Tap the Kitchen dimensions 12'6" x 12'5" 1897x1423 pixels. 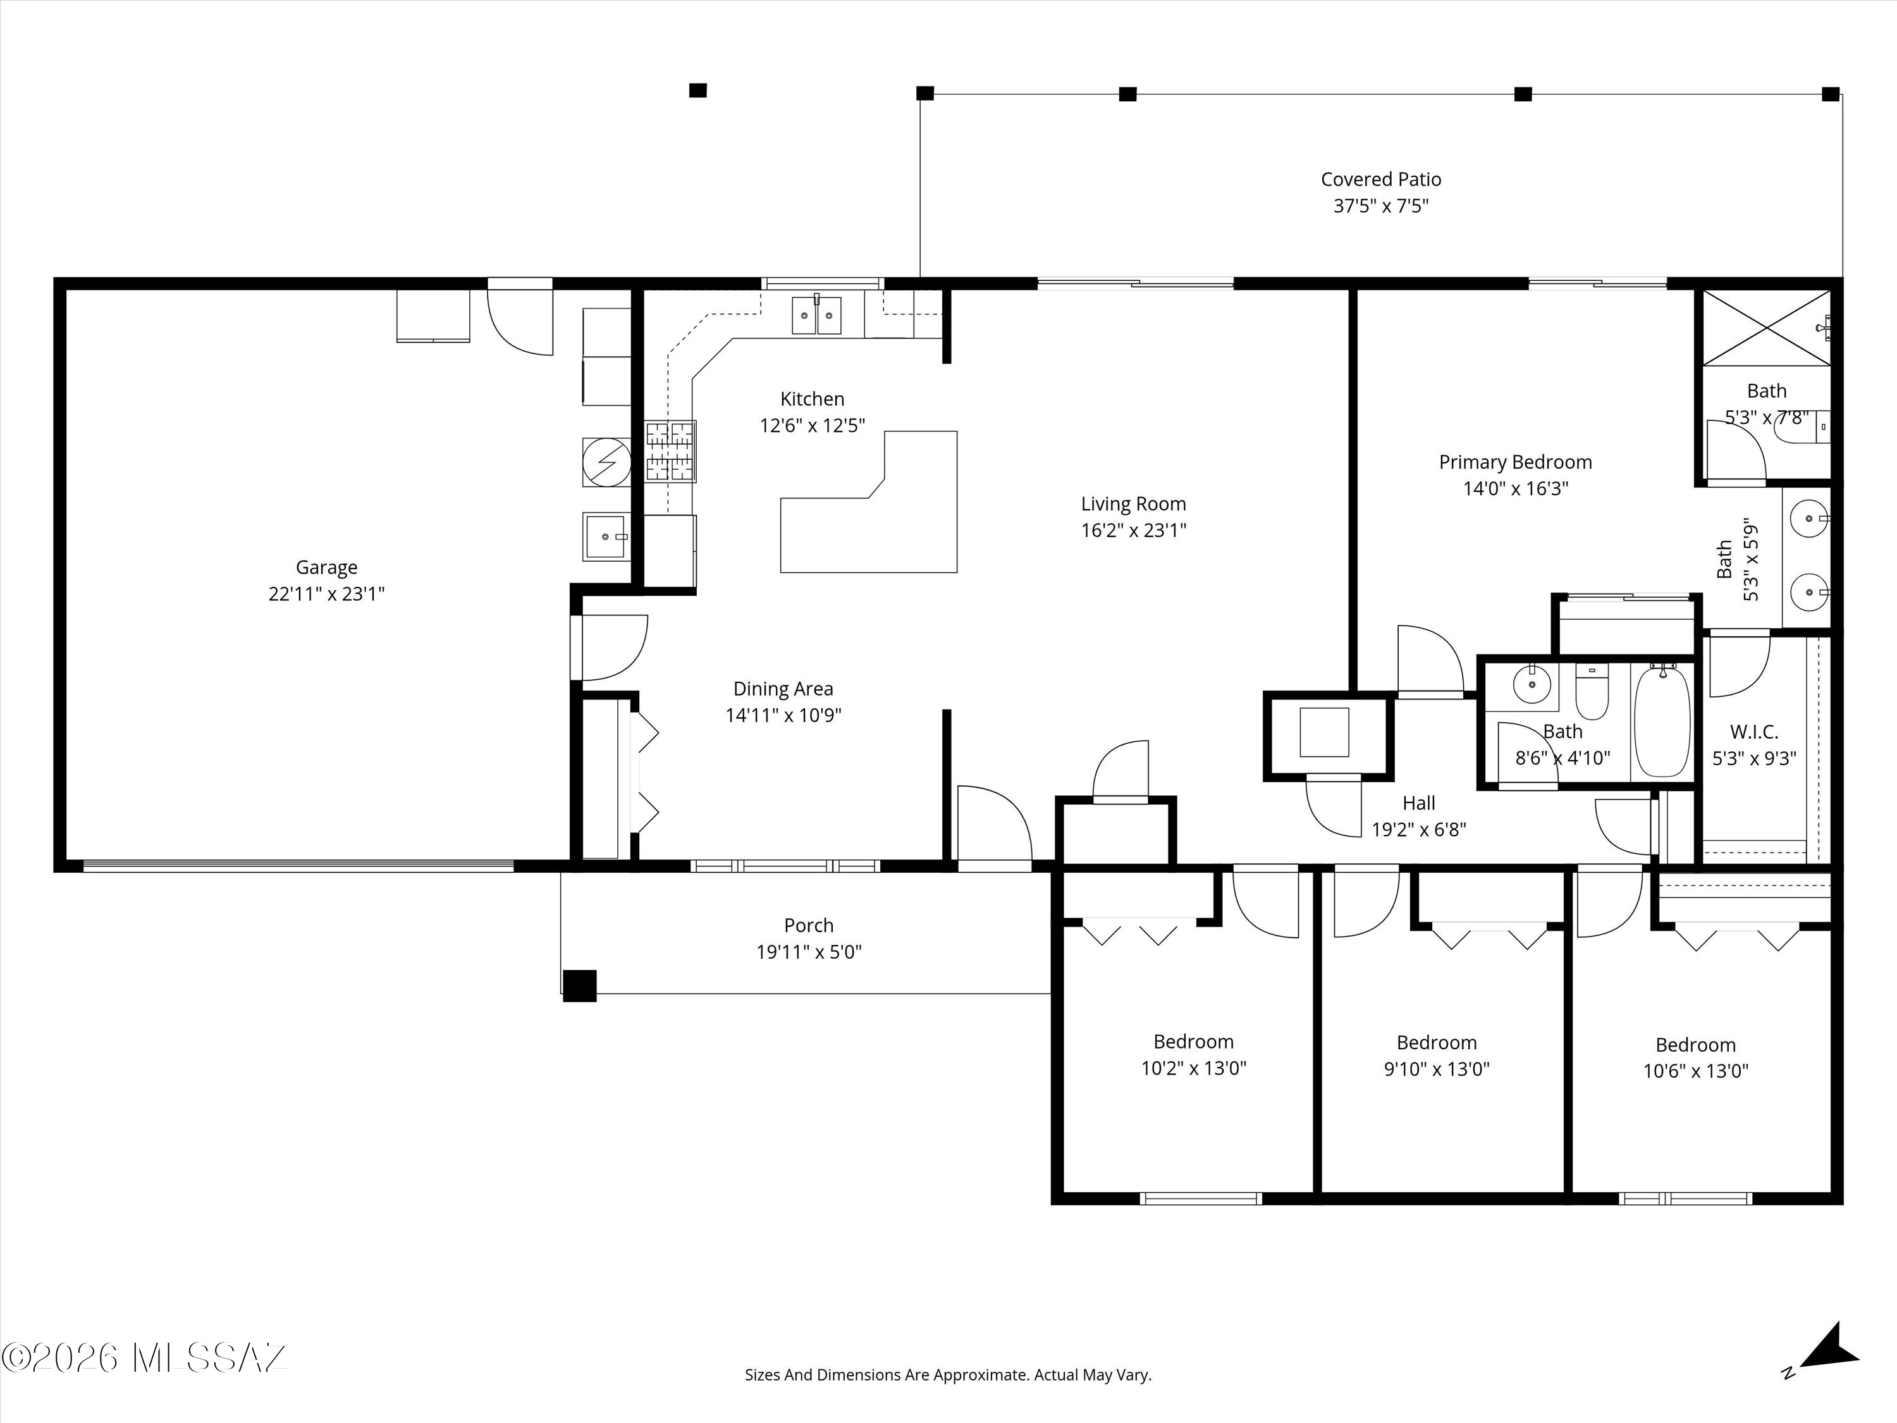(x=812, y=426)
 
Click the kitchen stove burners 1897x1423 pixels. (x=671, y=451)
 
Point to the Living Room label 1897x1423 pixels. (x=1133, y=504)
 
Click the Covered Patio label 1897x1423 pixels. (x=1381, y=179)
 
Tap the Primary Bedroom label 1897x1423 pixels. (x=1515, y=462)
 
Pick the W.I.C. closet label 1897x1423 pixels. (x=1754, y=732)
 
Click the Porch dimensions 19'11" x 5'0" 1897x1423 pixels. (x=809, y=952)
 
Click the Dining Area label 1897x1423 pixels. (x=783, y=689)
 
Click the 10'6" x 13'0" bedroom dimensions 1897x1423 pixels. (x=1695, y=1071)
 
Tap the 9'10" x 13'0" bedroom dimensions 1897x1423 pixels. (x=1437, y=1069)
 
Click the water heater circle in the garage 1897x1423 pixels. (x=606, y=462)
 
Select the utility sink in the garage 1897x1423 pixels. (x=606, y=536)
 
